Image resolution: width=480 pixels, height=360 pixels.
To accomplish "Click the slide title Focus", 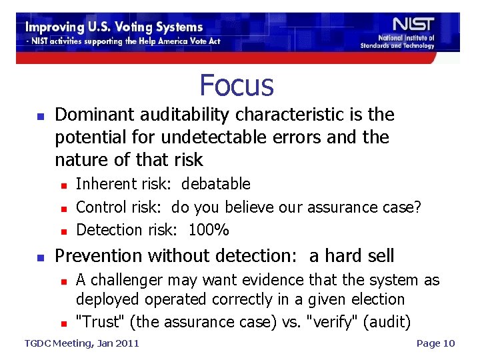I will (237, 85).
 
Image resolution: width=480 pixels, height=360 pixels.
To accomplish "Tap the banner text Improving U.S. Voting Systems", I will (114, 27).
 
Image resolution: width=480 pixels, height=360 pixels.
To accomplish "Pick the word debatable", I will (216, 184).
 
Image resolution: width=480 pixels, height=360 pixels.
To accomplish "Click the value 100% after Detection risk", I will (209, 230).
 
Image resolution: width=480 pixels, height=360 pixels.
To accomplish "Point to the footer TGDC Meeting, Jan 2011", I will (81, 343).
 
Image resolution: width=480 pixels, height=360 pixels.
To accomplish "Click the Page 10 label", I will (435, 343).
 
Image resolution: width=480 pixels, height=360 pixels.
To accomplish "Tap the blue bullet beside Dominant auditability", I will (40, 116).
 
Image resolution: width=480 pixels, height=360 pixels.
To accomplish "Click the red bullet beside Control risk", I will (63, 208).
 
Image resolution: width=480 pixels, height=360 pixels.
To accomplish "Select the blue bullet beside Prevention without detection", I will (40, 257).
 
